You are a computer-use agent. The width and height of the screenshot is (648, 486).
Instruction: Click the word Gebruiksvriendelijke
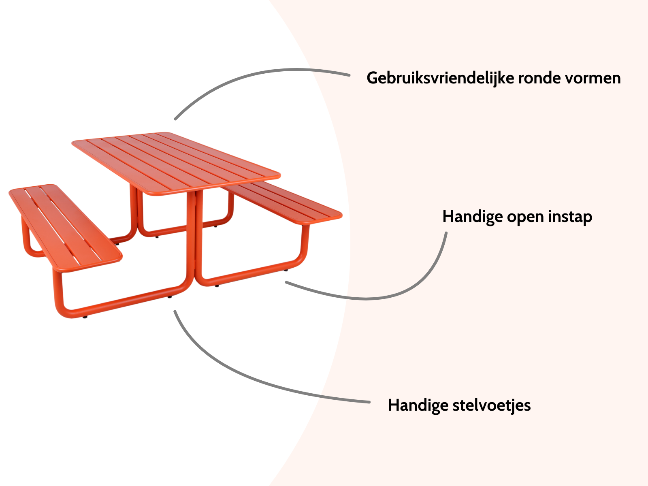pyautogui.click(x=440, y=78)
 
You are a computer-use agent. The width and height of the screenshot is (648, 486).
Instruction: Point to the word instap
pyautogui.click(x=570, y=217)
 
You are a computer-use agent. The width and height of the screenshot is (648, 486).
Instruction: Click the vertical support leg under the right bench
pyautogui.click(x=304, y=243)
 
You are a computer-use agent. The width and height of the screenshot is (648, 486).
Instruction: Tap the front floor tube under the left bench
pyautogui.click(x=122, y=302)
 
